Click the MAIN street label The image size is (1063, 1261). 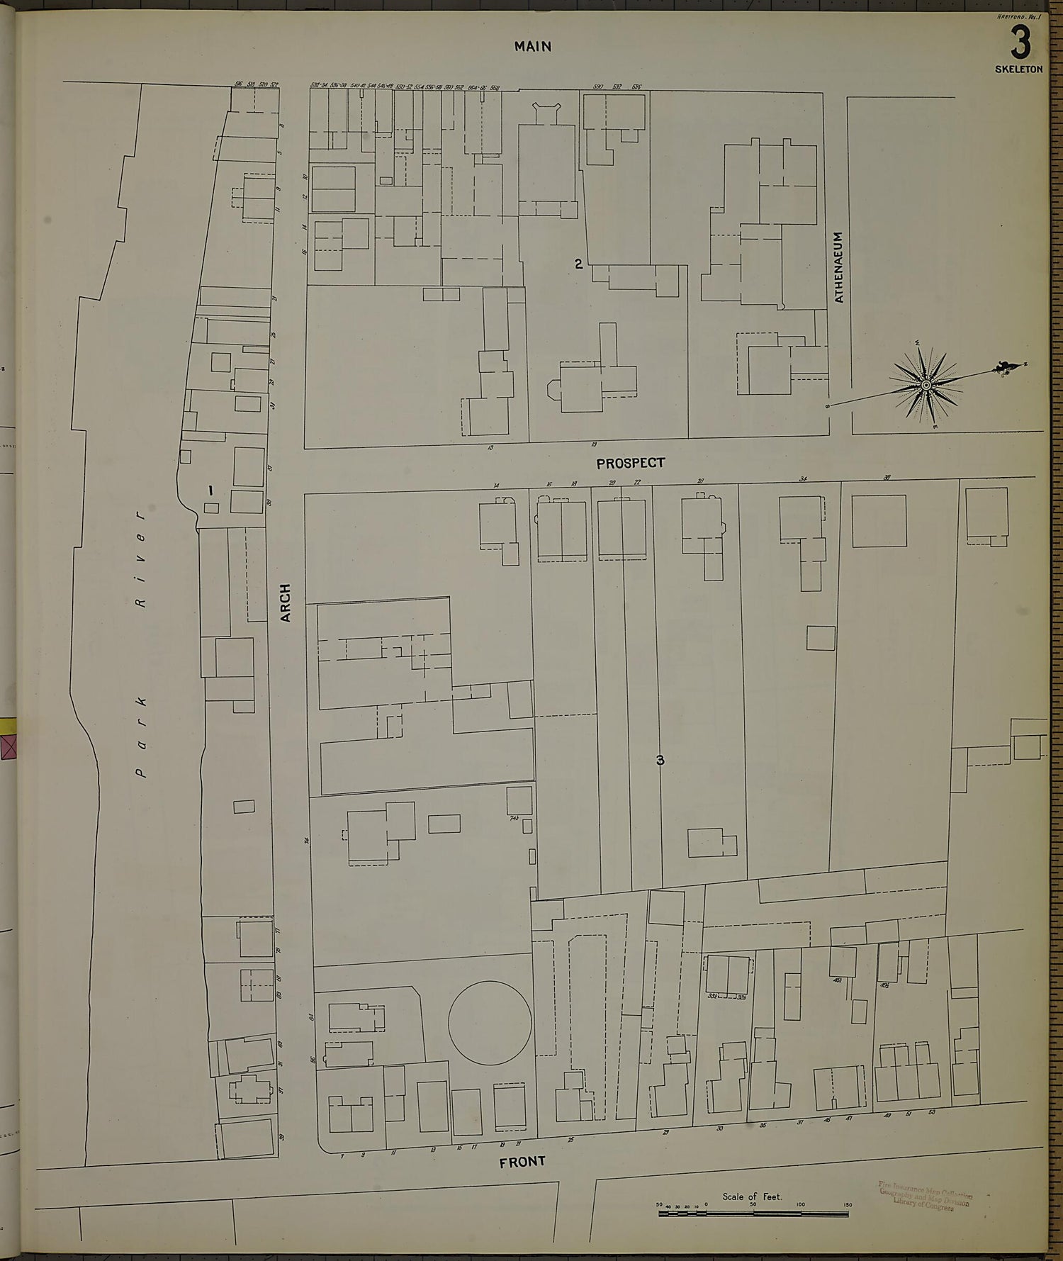(533, 47)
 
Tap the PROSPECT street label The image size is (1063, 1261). (630, 463)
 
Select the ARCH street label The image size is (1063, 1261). (286, 603)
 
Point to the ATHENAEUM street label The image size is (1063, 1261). (839, 267)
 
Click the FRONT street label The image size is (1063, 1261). (522, 1162)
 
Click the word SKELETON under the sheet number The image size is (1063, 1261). (1018, 69)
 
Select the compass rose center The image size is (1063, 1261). (926, 385)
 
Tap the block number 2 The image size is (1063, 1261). (578, 264)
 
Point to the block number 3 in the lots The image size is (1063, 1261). (660, 761)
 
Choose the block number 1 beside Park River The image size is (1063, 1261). (210, 489)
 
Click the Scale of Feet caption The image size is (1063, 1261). (752, 1196)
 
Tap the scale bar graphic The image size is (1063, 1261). (753, 1214)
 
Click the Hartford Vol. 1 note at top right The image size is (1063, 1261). (1018, 16)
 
